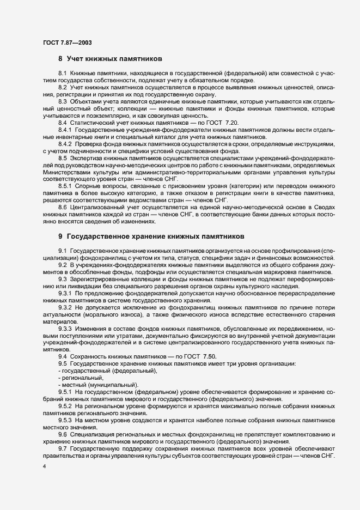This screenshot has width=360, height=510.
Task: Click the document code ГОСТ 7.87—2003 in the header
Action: [x=63, y=42]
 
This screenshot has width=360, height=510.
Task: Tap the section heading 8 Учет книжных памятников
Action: [x=108, y=58]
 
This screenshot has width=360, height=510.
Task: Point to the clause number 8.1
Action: [x=63, y=73]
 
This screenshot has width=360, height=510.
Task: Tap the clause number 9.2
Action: [x=63, y=264]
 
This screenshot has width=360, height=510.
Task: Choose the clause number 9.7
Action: [x=63, y=449]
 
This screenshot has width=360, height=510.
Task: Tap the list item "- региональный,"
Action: [x=80, y=378]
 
